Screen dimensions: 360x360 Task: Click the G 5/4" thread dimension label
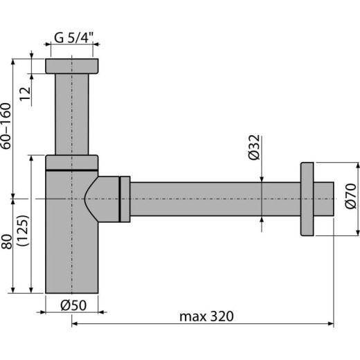[72, 38]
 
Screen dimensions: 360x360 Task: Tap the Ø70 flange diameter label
[350, 199]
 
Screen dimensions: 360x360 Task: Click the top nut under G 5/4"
[72, 66]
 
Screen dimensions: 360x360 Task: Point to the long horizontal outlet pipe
[215, 199]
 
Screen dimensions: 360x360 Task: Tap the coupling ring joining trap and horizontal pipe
[125, 199]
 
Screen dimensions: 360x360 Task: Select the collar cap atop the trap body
[71, 163]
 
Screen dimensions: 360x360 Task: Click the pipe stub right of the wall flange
[325, 199]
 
